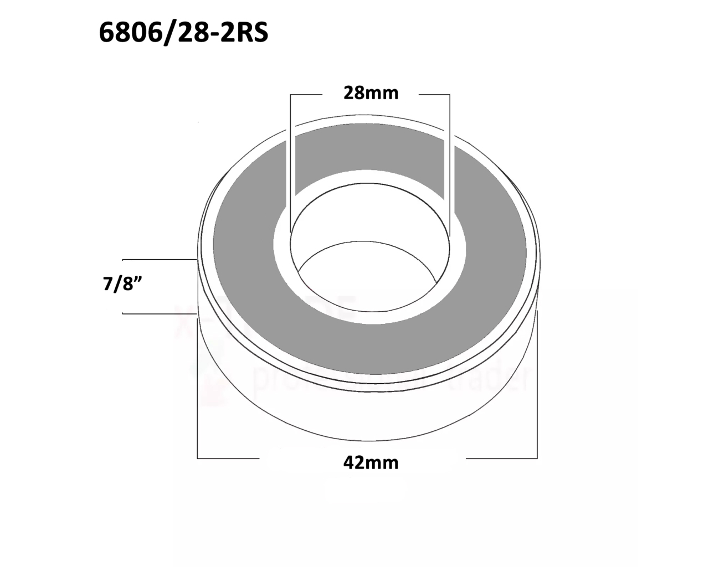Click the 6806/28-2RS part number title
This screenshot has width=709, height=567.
[x=183, y=33]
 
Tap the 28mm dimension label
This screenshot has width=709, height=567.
[x=371, y=93]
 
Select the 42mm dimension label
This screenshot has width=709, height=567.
[x=371, y=462]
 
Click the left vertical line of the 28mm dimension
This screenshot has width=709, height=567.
[x=290, y=161]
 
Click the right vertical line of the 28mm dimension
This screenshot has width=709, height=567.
[x=450, y=161]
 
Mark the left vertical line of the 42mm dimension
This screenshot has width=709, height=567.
[x=198, y=388]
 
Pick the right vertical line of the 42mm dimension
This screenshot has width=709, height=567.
[x=537, y=388]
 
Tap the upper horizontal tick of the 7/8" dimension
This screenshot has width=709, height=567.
[x=158, y=259]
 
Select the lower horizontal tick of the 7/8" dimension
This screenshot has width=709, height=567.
[x=158, y=313]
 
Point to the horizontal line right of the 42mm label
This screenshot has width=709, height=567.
[x=501, y=458]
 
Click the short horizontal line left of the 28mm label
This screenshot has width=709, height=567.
[x=306, y=95]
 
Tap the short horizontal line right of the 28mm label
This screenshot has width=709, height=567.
[x=434, y=95]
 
